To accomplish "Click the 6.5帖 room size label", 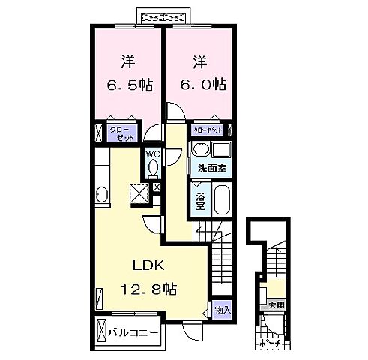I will pos(127,84).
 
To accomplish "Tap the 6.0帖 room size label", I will pos(199,84).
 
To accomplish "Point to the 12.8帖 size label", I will pos(150,289).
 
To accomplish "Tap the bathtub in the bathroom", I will pos(220,201).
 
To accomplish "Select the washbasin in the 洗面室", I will pos(201,150).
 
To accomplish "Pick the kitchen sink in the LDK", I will pos(102,197).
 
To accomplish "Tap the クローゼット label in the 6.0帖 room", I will pos(209,130).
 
